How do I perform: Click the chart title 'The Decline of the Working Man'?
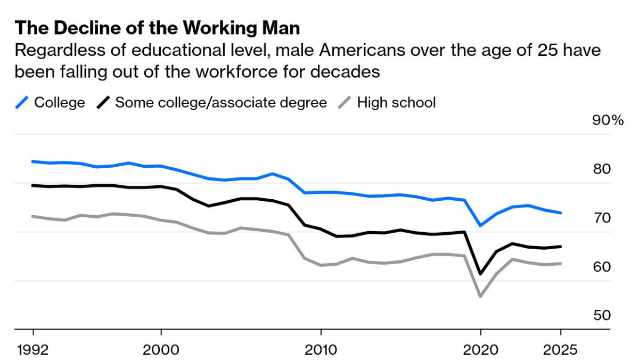[157, 28]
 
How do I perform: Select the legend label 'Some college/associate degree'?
[221, 102]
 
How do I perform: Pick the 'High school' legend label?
[396, 102]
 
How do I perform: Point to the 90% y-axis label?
[608, 121]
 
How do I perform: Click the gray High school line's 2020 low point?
[480, 296]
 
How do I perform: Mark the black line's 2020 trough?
[480, 274]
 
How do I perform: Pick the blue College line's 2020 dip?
[480, 226]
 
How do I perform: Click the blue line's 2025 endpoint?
[560, 213]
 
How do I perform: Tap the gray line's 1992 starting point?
[33, 216]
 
